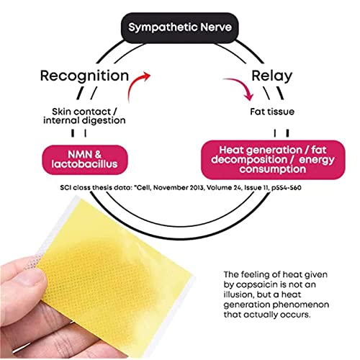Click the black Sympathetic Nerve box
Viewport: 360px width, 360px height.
click(179, 28)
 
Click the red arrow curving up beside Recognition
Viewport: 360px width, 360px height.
click(135, 84)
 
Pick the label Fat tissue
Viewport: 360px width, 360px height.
click(272, 112)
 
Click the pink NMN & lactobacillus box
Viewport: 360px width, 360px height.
click(85, 160)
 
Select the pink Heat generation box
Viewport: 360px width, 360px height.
click(273, 160)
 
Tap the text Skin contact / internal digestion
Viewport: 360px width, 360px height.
click(84, 116)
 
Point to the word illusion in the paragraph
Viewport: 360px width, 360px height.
click(238, 294)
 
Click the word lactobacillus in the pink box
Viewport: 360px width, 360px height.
click(85, 164)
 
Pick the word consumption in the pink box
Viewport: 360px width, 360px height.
click(273, 169)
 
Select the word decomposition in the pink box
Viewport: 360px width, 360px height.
click(249, 160)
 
